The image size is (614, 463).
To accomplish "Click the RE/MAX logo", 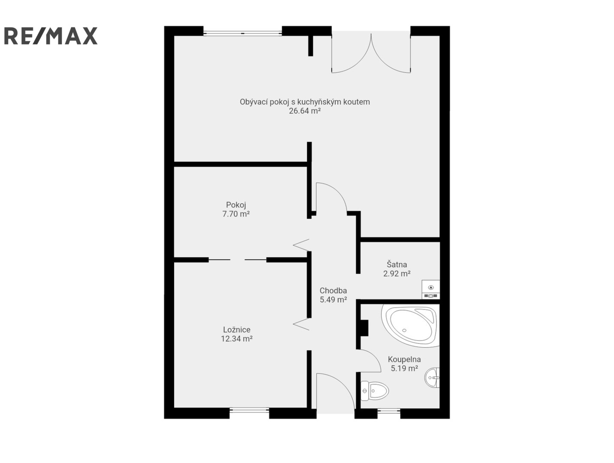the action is tap(51, 36).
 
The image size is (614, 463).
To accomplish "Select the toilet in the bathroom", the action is tap(375, 391).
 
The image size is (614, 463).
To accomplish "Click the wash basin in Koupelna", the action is tap(432, 378).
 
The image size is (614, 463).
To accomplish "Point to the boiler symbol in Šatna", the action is tap(431, 289).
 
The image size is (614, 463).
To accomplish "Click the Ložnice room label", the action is tap(237, 330).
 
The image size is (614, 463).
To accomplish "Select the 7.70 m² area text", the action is tap(236, 214).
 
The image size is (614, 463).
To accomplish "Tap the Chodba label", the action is tap(333, 291).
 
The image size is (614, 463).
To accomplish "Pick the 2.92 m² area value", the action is tap(396, 274).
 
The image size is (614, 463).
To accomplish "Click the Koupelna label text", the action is tap(404, 359).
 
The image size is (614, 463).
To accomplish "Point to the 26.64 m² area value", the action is tap(305, 111).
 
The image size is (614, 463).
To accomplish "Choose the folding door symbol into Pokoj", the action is tap(301, 245).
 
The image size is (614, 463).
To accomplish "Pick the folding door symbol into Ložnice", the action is tap(301, 324).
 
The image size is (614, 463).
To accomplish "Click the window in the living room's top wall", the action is tap(242, 33).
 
